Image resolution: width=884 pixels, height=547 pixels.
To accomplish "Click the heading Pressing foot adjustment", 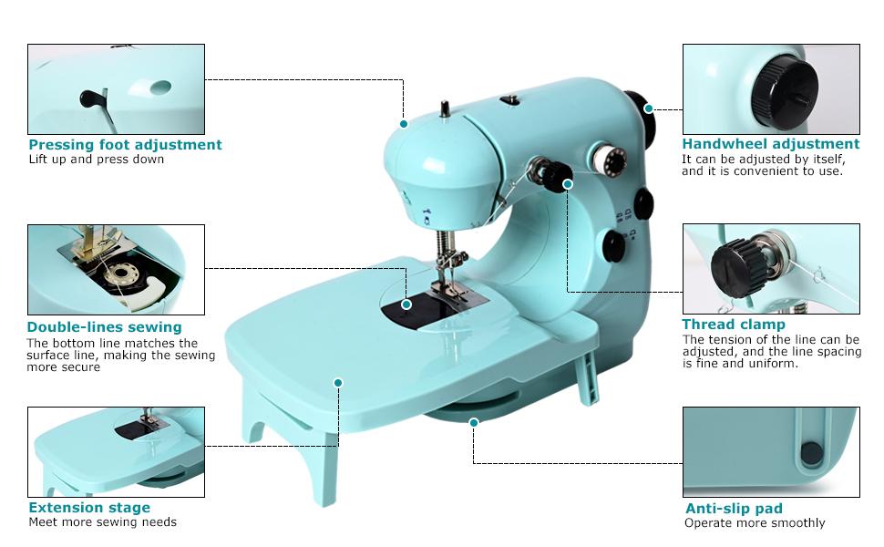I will coord(125,145).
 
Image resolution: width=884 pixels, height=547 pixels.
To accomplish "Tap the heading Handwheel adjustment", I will coord(770,144).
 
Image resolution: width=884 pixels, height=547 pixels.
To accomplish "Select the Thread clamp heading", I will coord(733,325).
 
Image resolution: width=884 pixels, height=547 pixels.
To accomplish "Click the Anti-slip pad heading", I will coord(733,509).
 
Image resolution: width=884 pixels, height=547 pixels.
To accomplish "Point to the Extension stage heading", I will coord(89,508).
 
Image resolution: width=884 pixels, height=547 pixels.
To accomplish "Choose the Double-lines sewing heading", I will coord(104,327).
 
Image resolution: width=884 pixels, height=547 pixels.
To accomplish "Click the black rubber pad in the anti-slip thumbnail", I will coord(808,451).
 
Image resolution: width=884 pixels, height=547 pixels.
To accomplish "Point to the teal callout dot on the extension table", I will coord(338,382).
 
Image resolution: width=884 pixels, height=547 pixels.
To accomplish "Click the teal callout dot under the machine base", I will coord(473,422).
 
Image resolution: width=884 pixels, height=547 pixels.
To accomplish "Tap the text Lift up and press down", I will coord(97,160).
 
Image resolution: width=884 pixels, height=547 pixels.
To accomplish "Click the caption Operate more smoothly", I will coord(755,523).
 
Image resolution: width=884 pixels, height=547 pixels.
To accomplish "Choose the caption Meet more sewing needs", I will coord(102,522).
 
